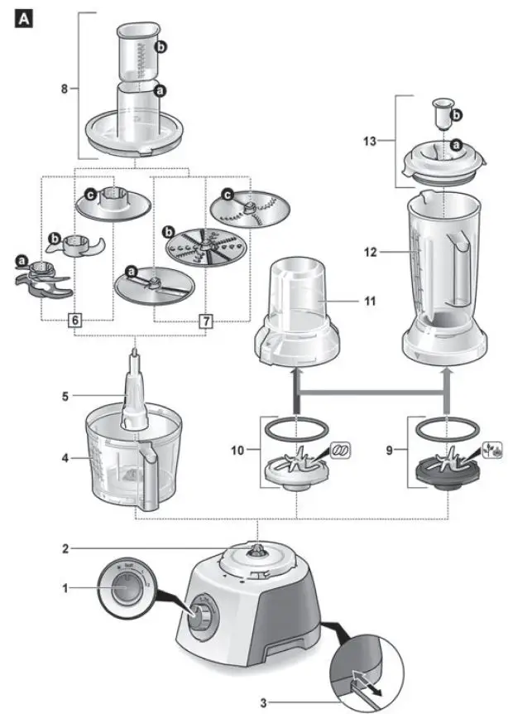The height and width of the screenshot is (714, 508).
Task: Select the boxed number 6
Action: [75, 321]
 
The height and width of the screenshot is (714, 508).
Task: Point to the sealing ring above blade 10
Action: [296, 430]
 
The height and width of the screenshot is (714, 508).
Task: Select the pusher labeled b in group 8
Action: [136, 51]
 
